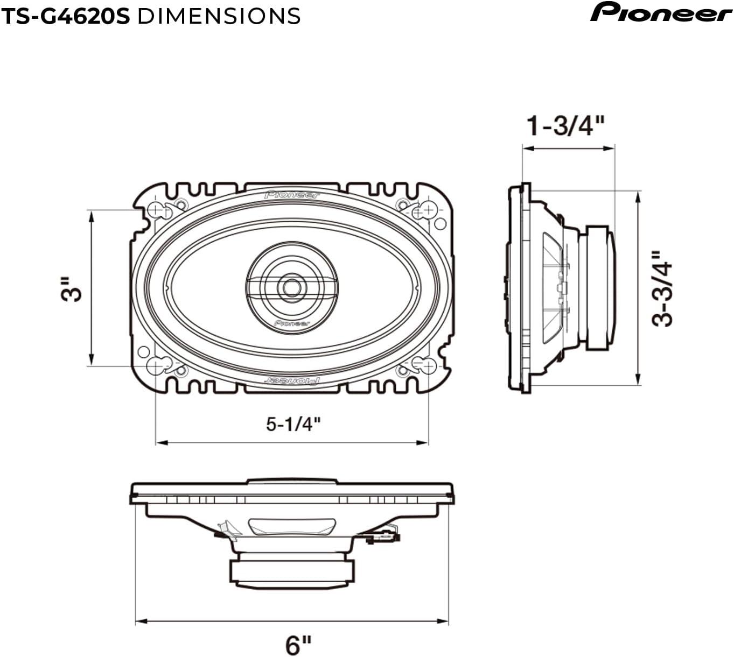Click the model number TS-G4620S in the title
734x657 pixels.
(x=66, y=16)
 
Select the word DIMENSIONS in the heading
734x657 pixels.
(x=219, y=16)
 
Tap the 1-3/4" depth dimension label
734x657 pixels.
(x=565, y=126)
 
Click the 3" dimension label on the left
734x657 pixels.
(x=72, y=289)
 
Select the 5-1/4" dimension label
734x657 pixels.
(x=293, y=424)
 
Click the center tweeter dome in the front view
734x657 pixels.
(x=292, y=287)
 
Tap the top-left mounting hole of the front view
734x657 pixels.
(x=156, y=209)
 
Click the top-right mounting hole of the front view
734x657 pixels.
(x=428, y=209)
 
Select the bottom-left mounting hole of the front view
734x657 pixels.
(x=156, y=366)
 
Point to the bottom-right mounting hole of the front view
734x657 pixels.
(x=428, y=366)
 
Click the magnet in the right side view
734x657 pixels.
(x=600, y=288)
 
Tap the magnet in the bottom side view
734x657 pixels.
(x=292, y=571)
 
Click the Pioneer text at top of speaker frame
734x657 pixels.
(x=292, y=195)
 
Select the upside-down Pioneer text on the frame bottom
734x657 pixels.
(x=292, y=380)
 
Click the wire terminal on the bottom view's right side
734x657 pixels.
(x=383, y=535)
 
